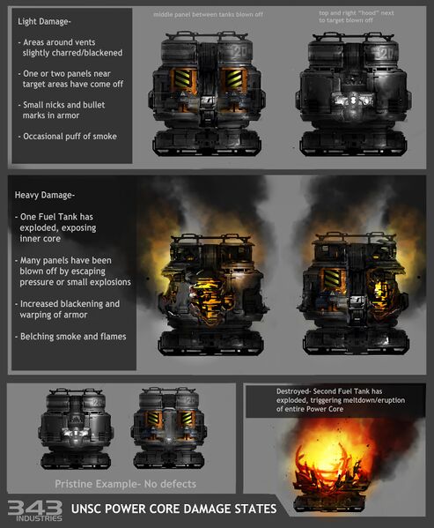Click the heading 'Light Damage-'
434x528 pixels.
(44, 22)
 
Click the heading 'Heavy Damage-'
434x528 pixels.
(44, 196)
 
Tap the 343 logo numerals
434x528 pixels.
(35, 508)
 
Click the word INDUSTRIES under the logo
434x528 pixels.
(39, 518)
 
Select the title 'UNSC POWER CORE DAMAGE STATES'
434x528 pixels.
(173, 509)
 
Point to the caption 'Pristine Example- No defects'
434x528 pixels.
(125, 484)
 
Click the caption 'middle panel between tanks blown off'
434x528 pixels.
(208, 15)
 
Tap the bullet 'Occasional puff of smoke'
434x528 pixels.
(68, 137)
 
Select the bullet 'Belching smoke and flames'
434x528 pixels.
(70, 337)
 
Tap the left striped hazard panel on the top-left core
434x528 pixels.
(182, 78)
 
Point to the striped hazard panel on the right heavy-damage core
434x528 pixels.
(332, 279)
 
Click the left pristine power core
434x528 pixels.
(76, 428)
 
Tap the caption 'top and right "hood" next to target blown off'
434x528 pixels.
(357, 17)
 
